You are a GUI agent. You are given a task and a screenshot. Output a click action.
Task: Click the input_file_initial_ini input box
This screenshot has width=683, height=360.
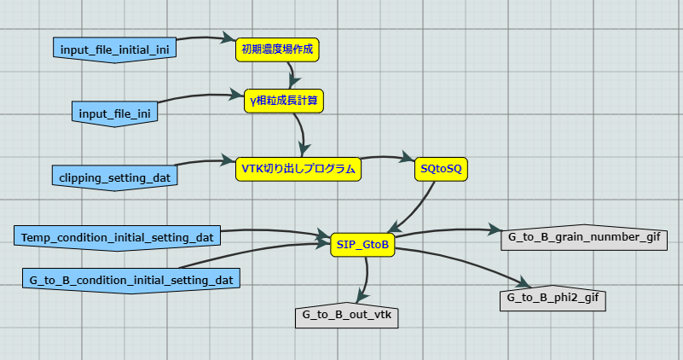pyautogui.click(x=114, y=49)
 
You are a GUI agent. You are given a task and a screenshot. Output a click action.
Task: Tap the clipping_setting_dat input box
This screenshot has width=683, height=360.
pyautogui.click(x=115, y=177)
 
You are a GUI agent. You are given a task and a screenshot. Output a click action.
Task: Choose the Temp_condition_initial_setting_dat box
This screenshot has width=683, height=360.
pyautogui.click(x=118, y=236)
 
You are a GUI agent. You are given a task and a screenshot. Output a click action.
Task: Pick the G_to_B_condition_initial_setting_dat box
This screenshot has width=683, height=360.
pyautogui.click(x=130, y=279)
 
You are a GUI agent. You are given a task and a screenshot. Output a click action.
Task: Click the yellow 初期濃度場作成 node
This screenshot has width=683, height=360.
pyautogui.click(x=277, y=49)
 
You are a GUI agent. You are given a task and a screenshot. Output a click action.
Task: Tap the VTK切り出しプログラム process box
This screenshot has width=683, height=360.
pyautogui.click(x=298, y=169)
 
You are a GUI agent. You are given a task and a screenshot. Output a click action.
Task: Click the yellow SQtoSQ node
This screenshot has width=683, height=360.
pyautogui.click(x=441, y=169)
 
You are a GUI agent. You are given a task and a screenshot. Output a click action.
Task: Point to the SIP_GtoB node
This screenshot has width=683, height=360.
pyautogui.click(x=363, y=245)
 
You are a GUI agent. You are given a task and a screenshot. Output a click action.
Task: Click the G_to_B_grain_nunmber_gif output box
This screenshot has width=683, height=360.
pyautogui.click(x=584, y=237)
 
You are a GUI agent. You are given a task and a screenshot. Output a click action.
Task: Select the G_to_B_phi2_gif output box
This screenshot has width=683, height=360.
pyautogui.click(x=553, y=299)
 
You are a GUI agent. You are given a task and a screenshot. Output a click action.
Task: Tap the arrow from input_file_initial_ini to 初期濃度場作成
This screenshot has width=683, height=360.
pyautogui.click(x=205, y=38)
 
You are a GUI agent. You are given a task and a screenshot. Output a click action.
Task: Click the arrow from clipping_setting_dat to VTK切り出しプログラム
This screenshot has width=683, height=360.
pyautogui.click(x=205, y=160)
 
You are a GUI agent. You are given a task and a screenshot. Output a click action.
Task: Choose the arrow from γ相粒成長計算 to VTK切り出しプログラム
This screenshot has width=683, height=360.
pyautogui.click(x=301, y=130)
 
